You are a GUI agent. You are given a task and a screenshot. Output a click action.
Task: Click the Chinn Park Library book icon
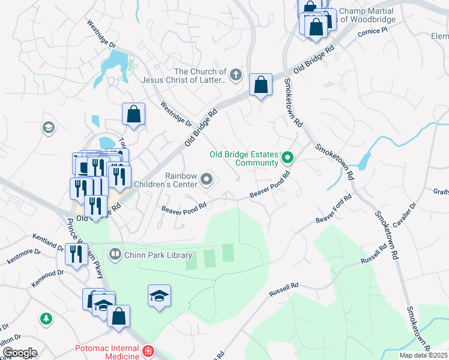coord(114,255)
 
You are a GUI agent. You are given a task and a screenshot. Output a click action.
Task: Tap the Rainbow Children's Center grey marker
coord(207,179)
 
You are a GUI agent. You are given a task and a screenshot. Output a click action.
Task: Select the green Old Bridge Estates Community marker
coord(288,158)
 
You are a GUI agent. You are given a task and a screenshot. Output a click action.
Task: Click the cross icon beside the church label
coord(236,76)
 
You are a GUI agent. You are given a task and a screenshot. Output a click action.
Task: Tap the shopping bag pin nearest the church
coord(261,85)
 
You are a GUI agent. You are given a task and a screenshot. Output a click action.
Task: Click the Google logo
coord(19,353)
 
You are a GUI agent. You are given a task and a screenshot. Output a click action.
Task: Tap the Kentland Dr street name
coord(47,242)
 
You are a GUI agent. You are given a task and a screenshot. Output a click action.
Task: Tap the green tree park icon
coord(46,319)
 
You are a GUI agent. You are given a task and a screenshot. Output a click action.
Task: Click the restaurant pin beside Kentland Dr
coord(76,253)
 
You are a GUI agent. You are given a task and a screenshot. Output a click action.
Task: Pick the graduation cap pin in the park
coord(159,296)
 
